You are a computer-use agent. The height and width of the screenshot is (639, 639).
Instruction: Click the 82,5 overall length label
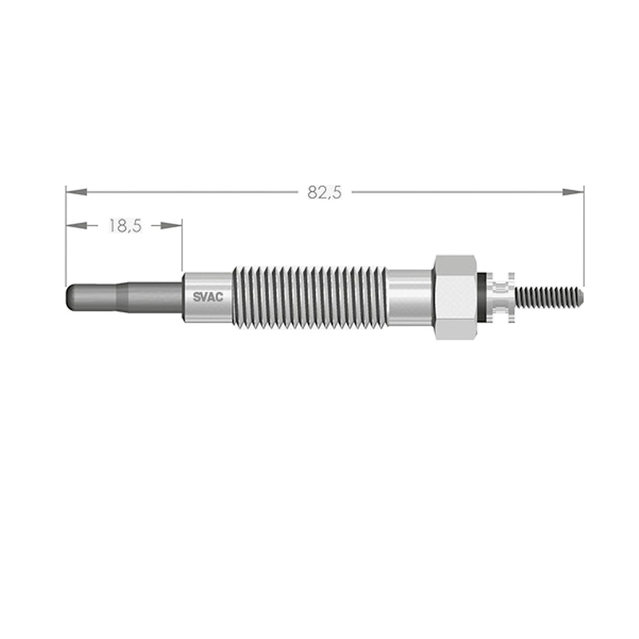[324, 193]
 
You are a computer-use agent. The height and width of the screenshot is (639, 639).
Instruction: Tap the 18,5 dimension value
[125, 226]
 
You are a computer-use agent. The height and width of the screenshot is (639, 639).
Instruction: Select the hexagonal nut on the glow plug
[456, 297]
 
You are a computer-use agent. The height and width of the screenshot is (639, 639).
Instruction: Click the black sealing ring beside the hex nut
[481, 297]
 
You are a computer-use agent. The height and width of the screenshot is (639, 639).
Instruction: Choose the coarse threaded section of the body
[309, 297]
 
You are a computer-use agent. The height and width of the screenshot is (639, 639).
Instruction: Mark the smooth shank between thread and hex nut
[409, 297]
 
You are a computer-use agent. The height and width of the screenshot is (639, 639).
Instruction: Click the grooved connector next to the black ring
[502, 297]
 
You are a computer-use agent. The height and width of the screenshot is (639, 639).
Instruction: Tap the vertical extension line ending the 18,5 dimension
[182, 246]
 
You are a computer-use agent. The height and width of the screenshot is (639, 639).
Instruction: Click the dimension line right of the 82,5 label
[456, 192]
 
